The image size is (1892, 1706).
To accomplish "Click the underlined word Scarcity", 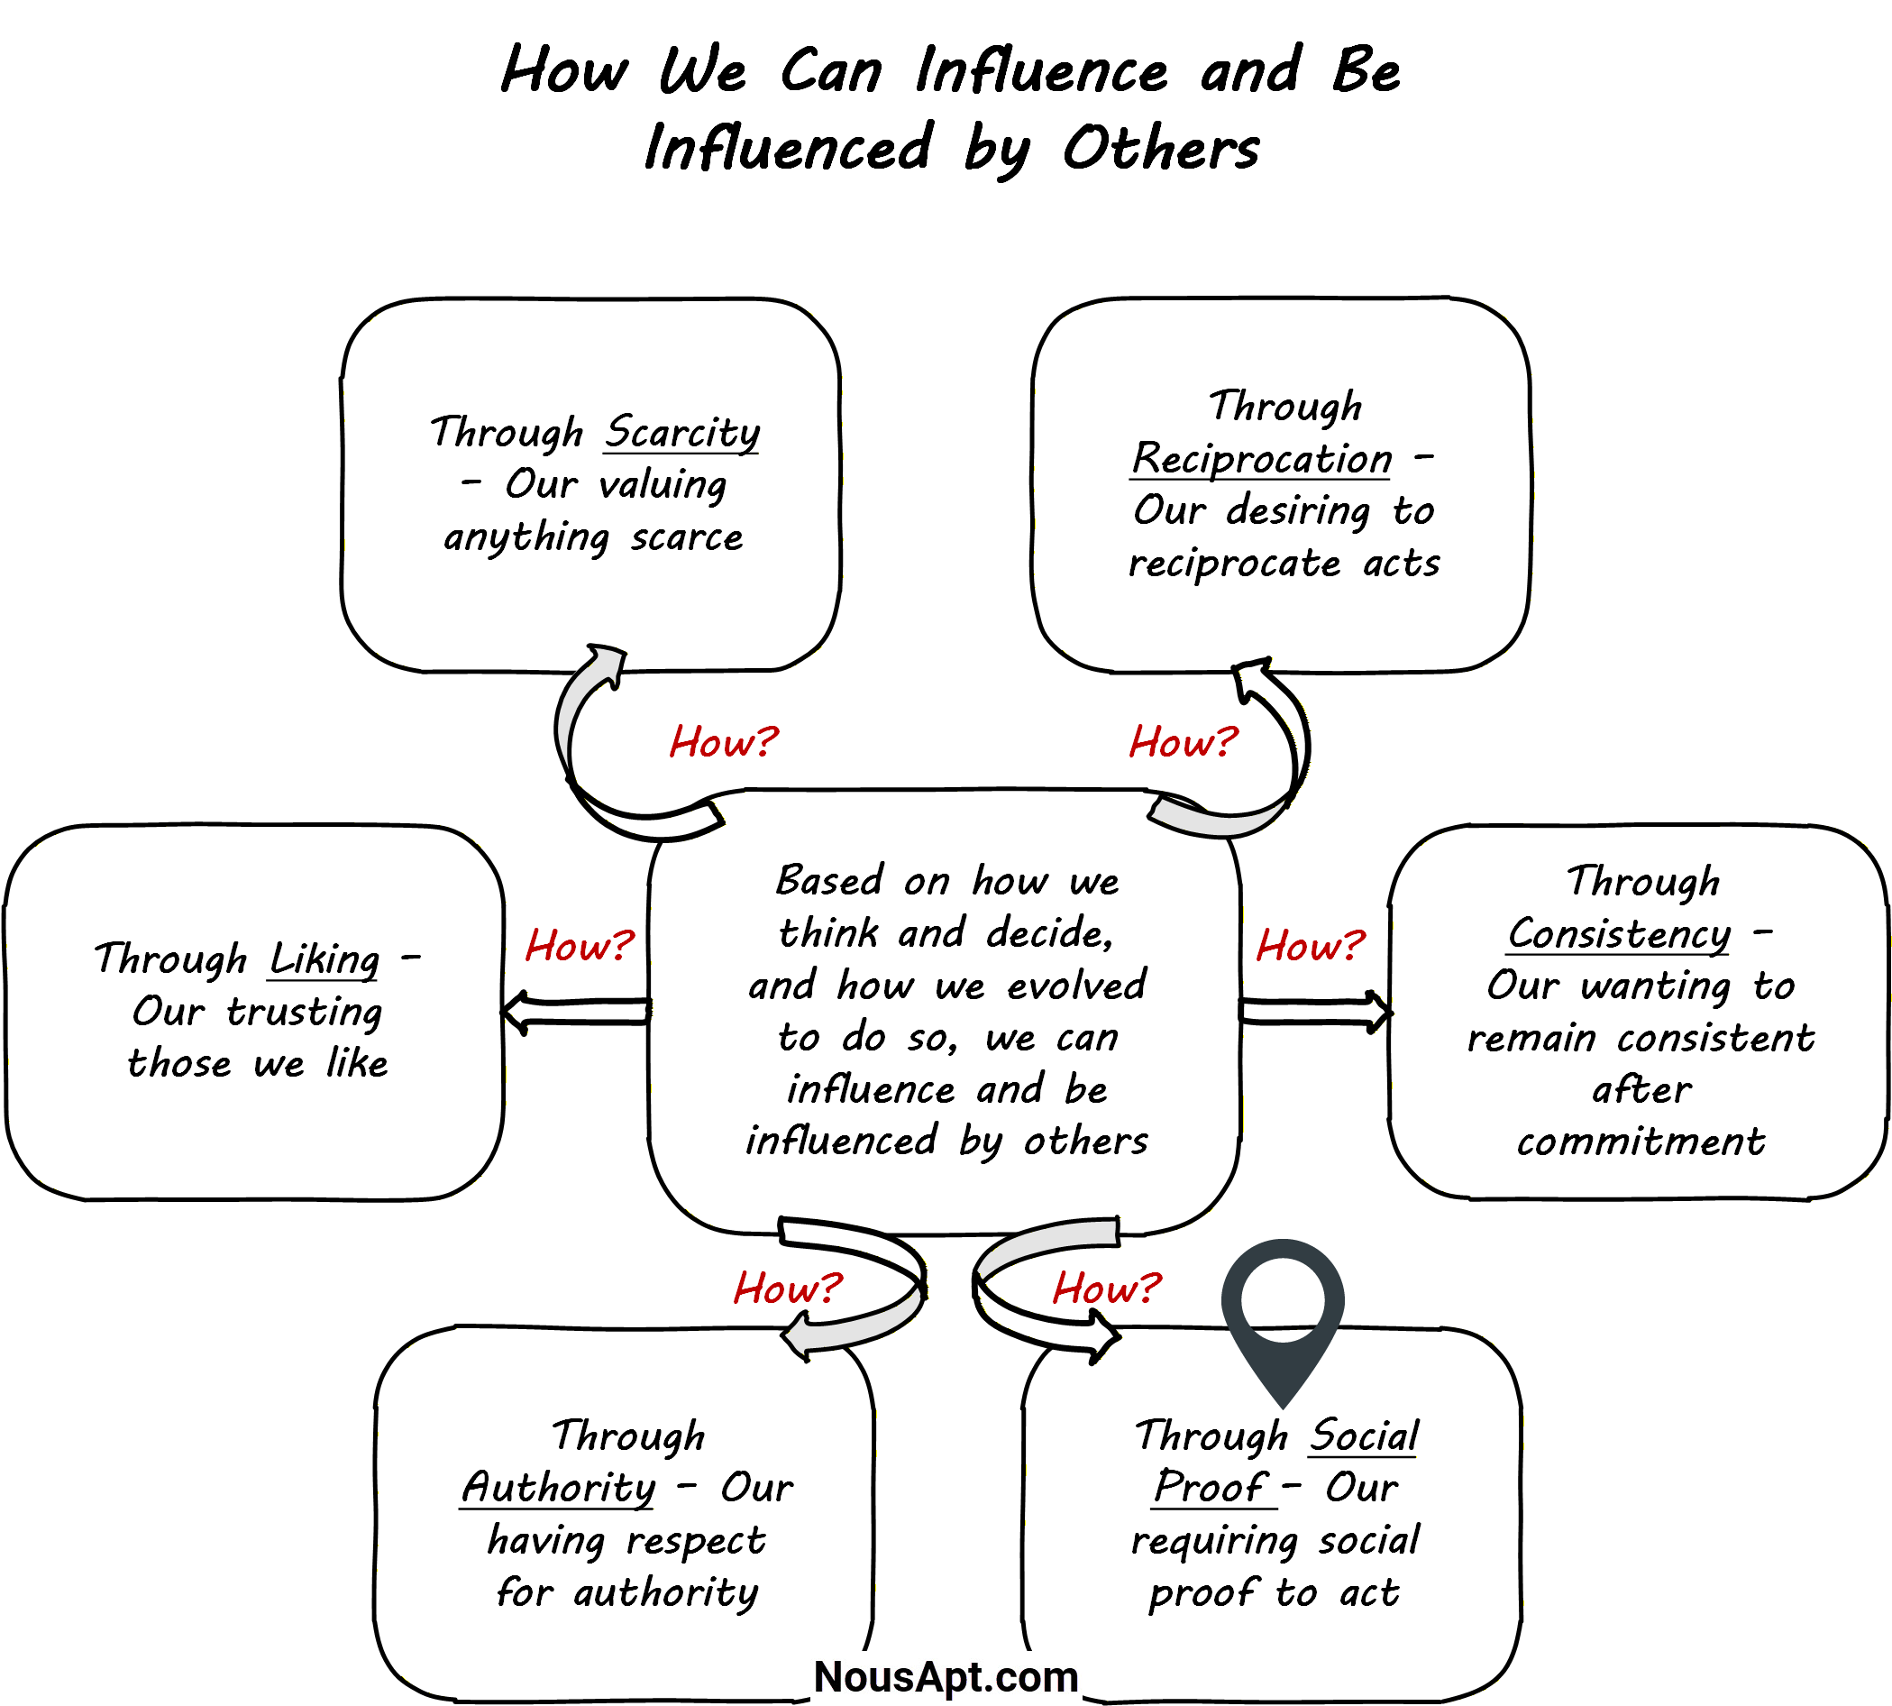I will (x=681, y=433).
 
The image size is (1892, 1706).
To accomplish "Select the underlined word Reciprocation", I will (x=1261, y=459).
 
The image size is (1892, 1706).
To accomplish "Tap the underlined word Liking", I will (x=324, y=960).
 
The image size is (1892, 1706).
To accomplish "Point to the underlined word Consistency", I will (x=1618, y=934).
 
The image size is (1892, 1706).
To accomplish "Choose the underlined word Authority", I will (x=559, y=1489).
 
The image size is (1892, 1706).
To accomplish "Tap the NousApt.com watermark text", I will (x=946, y=1677).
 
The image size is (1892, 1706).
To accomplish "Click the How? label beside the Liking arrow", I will (x=579, y=946).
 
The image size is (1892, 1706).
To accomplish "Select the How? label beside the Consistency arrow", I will (x=1310, y=946).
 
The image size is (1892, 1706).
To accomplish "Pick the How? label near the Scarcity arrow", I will (x=724, y=742).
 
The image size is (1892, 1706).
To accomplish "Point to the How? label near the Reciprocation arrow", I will (x=1183, y=742).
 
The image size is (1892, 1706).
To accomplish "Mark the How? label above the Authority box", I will (x=787, y=1289).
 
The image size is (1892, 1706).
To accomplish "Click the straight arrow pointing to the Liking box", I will (x=575, y=1013).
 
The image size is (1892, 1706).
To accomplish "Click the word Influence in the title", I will (x=1041, y=71).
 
